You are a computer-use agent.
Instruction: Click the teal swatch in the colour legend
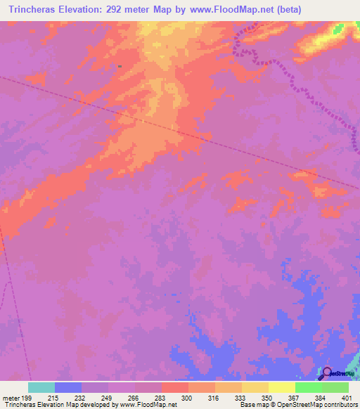41,387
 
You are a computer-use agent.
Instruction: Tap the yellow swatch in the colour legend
282,387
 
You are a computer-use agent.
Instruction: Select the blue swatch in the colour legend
68,387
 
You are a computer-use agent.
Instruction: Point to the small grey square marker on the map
120,66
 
